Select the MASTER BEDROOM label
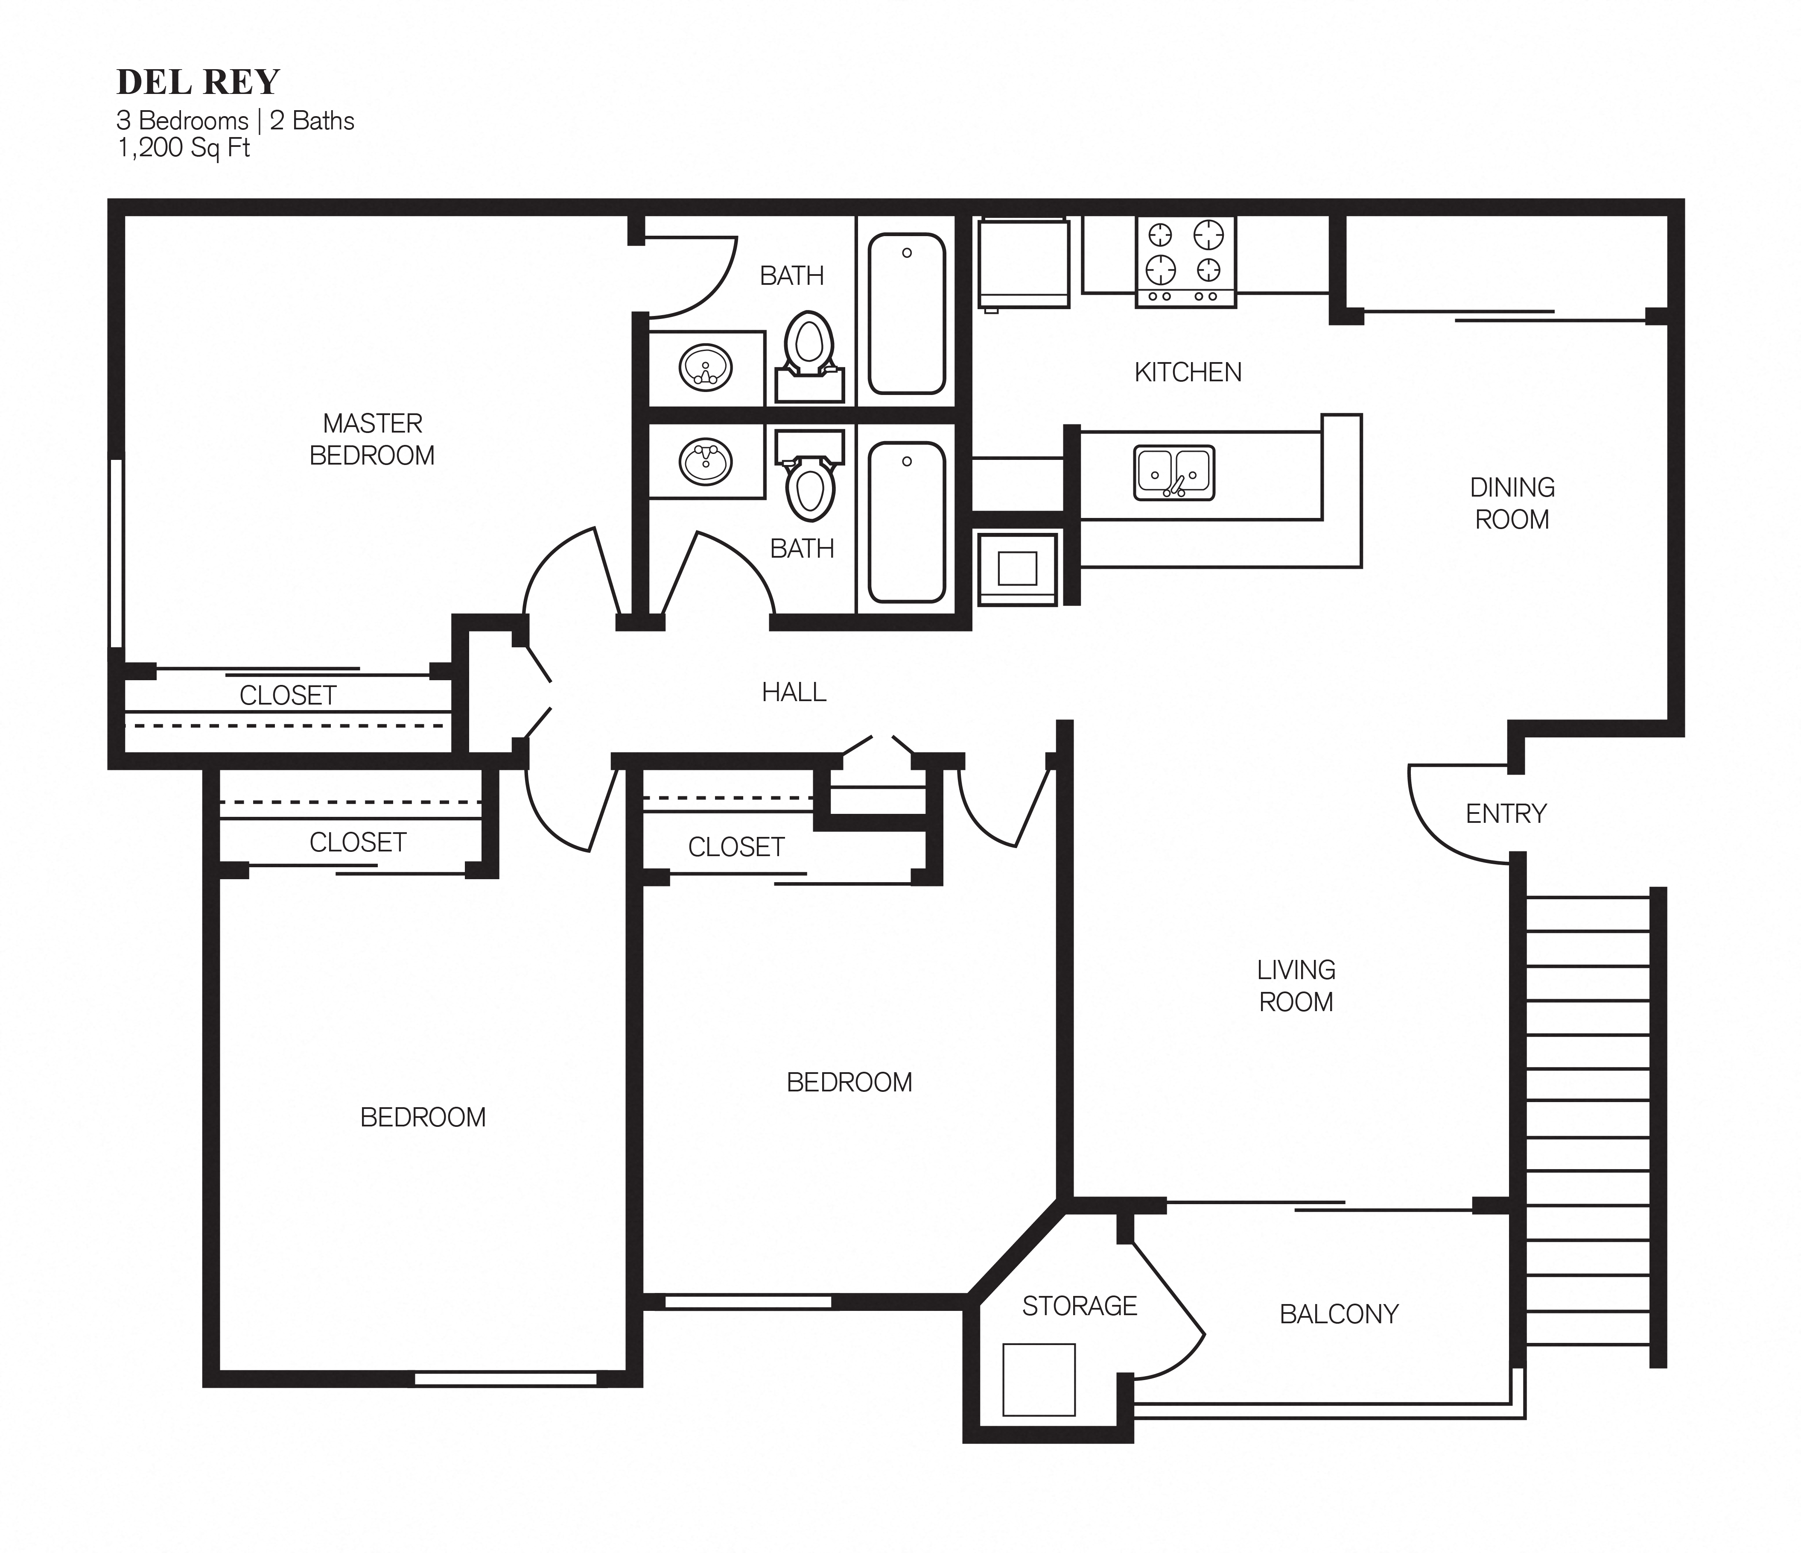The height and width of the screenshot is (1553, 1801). pyautogui.click(x=372, y=439)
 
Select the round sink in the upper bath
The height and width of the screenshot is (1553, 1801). pyautogui.click(x=705, y=368)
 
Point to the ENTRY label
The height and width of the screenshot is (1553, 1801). pyautogui.click(x=1506, y=814)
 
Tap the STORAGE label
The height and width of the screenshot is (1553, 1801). pyautogui.click(x=1079, y=1306)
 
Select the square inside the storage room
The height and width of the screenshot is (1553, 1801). pyautogui.click(x=1039, y=1380)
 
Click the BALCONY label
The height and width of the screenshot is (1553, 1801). pyautogui.click(x=1339, y=1314)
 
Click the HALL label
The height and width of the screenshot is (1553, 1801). pyautogui.click(x=794, y=692)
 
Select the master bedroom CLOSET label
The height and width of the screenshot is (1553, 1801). pyautogui.click(x=288, y=696)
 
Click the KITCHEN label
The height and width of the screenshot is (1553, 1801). pyautogui.click(x=1187, y=372)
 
